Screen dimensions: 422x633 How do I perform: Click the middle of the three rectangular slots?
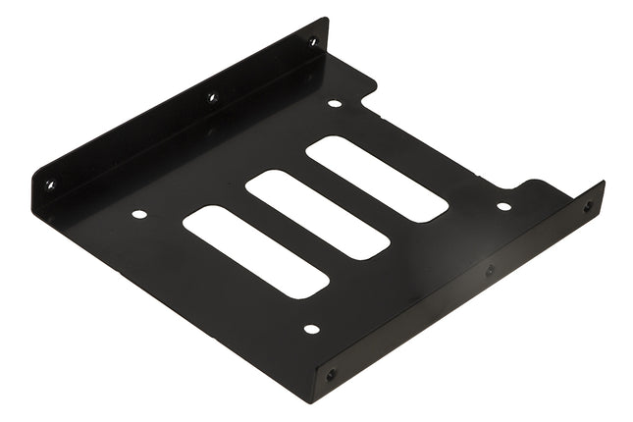(317, 215)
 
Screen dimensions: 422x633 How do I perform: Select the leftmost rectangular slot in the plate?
(255, 251)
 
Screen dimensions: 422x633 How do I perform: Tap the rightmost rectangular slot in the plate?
(377, 178)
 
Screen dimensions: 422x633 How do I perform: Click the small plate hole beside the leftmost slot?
(139, 213)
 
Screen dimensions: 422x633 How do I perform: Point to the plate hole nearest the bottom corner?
(311, 329)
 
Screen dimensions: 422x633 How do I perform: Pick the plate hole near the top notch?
(335, 103)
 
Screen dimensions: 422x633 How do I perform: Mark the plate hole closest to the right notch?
(503, 206)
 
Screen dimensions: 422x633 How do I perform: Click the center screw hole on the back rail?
(210, 97)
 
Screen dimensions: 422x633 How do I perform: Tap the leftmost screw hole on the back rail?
(50, 184)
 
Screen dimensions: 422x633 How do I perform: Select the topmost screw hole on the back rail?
(313, 41)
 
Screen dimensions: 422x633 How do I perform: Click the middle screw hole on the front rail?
(490, 269)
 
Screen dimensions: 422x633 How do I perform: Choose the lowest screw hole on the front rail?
(330, 374)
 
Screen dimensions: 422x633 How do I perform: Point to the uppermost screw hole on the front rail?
(588, 206)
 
